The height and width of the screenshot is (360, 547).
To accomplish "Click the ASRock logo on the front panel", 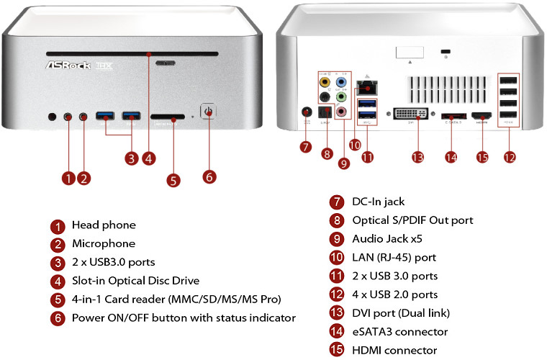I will pyautogui.click(x=68, y=66).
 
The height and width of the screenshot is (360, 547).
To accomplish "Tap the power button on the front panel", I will pyautogui.click(x=209, y=114).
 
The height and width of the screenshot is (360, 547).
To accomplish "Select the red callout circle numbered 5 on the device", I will pyautogui.click(x=173, y=180).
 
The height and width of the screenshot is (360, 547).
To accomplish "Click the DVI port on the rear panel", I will pyautogui.click(x=412, y=115).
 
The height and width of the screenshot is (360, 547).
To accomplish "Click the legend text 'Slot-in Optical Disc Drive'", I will pyautogui.click(x=135, y=280).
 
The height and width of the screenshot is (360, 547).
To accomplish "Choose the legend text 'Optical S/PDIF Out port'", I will pyautogui.click(x=412, y=220).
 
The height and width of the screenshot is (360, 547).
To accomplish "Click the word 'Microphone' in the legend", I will pyautogui.click(x=104, y=243).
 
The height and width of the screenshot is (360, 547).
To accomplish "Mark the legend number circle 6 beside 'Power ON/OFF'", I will pyautogui.click(x=57, y=318).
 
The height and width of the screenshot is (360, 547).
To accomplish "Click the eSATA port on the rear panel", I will pyautogui.click(x=451, y=115).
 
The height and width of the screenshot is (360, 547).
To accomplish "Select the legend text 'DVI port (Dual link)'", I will pyautogui.click(x=400, y=313).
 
